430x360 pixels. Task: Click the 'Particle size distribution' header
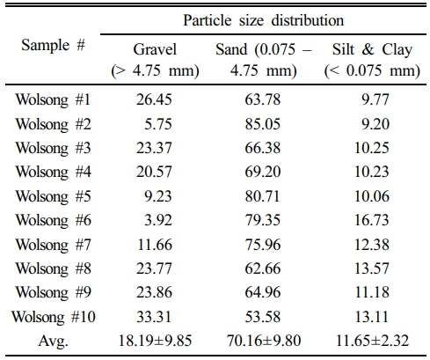click(263, 20)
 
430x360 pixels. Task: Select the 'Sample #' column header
click(53, 46)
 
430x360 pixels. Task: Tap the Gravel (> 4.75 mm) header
click(155, 60)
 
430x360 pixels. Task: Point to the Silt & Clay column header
click(372, 60)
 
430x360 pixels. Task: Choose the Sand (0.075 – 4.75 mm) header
click(263, 60)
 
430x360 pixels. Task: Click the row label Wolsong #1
click(53, 99)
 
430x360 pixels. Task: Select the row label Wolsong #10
click(54, 317)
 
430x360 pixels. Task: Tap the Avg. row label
click(53, 341)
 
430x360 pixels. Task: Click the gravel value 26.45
click(154, 99)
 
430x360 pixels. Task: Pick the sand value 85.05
click(263, 124)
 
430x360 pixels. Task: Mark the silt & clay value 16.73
click(372, 220)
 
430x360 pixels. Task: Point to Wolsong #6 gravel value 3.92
click(158, 220)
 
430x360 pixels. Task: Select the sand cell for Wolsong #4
click(263, 172)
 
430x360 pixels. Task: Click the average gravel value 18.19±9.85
click(155, 341)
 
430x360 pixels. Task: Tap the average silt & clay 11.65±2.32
click(372, 341)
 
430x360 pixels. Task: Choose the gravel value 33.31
click(154, 317)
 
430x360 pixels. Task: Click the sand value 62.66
click(263, 268)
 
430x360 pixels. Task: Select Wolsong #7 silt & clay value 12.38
click(372, 245)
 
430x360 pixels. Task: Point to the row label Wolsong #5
click(53, 196)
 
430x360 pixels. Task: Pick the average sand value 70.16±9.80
click(264, 341)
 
